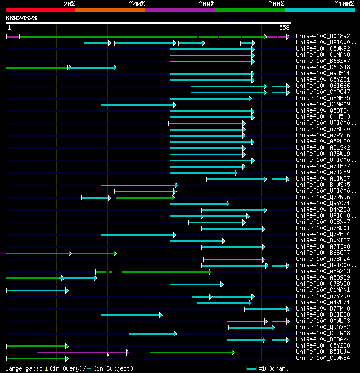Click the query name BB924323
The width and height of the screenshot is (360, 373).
click(x=21, y=18)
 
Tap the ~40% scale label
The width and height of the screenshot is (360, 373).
click(x=137, y=3)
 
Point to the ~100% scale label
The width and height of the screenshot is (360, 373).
click(x=344, y=3)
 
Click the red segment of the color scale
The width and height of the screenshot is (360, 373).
click(x=40, y=10)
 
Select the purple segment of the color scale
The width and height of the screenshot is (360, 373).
click(x=180, y=10)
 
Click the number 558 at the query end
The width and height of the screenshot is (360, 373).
click(x=285, y=27)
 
